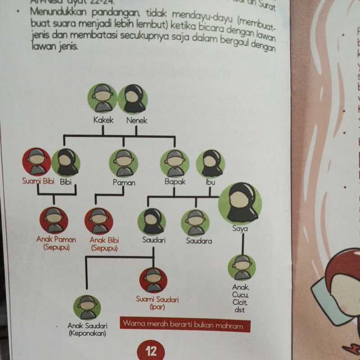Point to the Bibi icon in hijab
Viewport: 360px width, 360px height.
[66, 162]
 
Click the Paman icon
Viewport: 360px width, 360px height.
[123, 163]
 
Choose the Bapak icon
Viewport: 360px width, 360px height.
[174, 163]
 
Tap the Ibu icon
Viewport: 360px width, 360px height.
[210, 163]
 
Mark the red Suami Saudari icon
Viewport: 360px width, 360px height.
[153, 280]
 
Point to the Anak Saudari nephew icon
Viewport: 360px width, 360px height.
[87, 307]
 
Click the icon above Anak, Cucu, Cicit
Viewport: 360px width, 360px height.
[242, 267]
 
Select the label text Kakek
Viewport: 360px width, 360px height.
[103, 121]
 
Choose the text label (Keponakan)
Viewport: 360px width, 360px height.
[87, 333]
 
